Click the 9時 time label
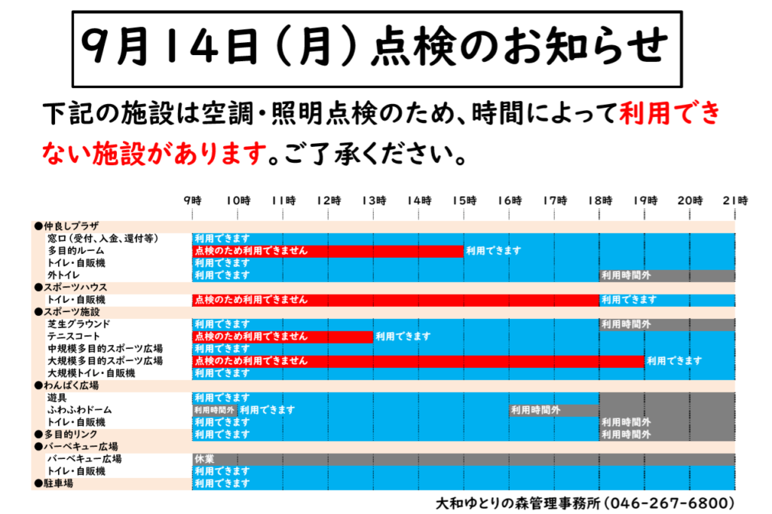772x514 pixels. pos(193,200)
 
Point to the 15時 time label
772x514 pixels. pos(464,200)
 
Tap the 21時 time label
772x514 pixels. pos(734,200)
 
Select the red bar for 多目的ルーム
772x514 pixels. pos(327,251)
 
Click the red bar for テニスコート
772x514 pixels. pos(283,337)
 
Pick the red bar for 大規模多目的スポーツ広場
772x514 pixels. pos(418,361)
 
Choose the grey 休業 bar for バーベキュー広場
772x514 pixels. pos(463,459)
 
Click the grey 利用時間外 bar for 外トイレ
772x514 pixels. pos(666,275)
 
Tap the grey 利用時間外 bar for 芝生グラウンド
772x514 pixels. pos(666,325)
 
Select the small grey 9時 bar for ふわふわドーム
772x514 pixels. pos(215,410)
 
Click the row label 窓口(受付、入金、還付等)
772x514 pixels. pos(103,239)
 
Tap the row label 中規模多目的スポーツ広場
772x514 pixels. pos(105,349)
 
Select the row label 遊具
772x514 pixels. pos(57,397)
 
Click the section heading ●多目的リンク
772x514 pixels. pos(66,435)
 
